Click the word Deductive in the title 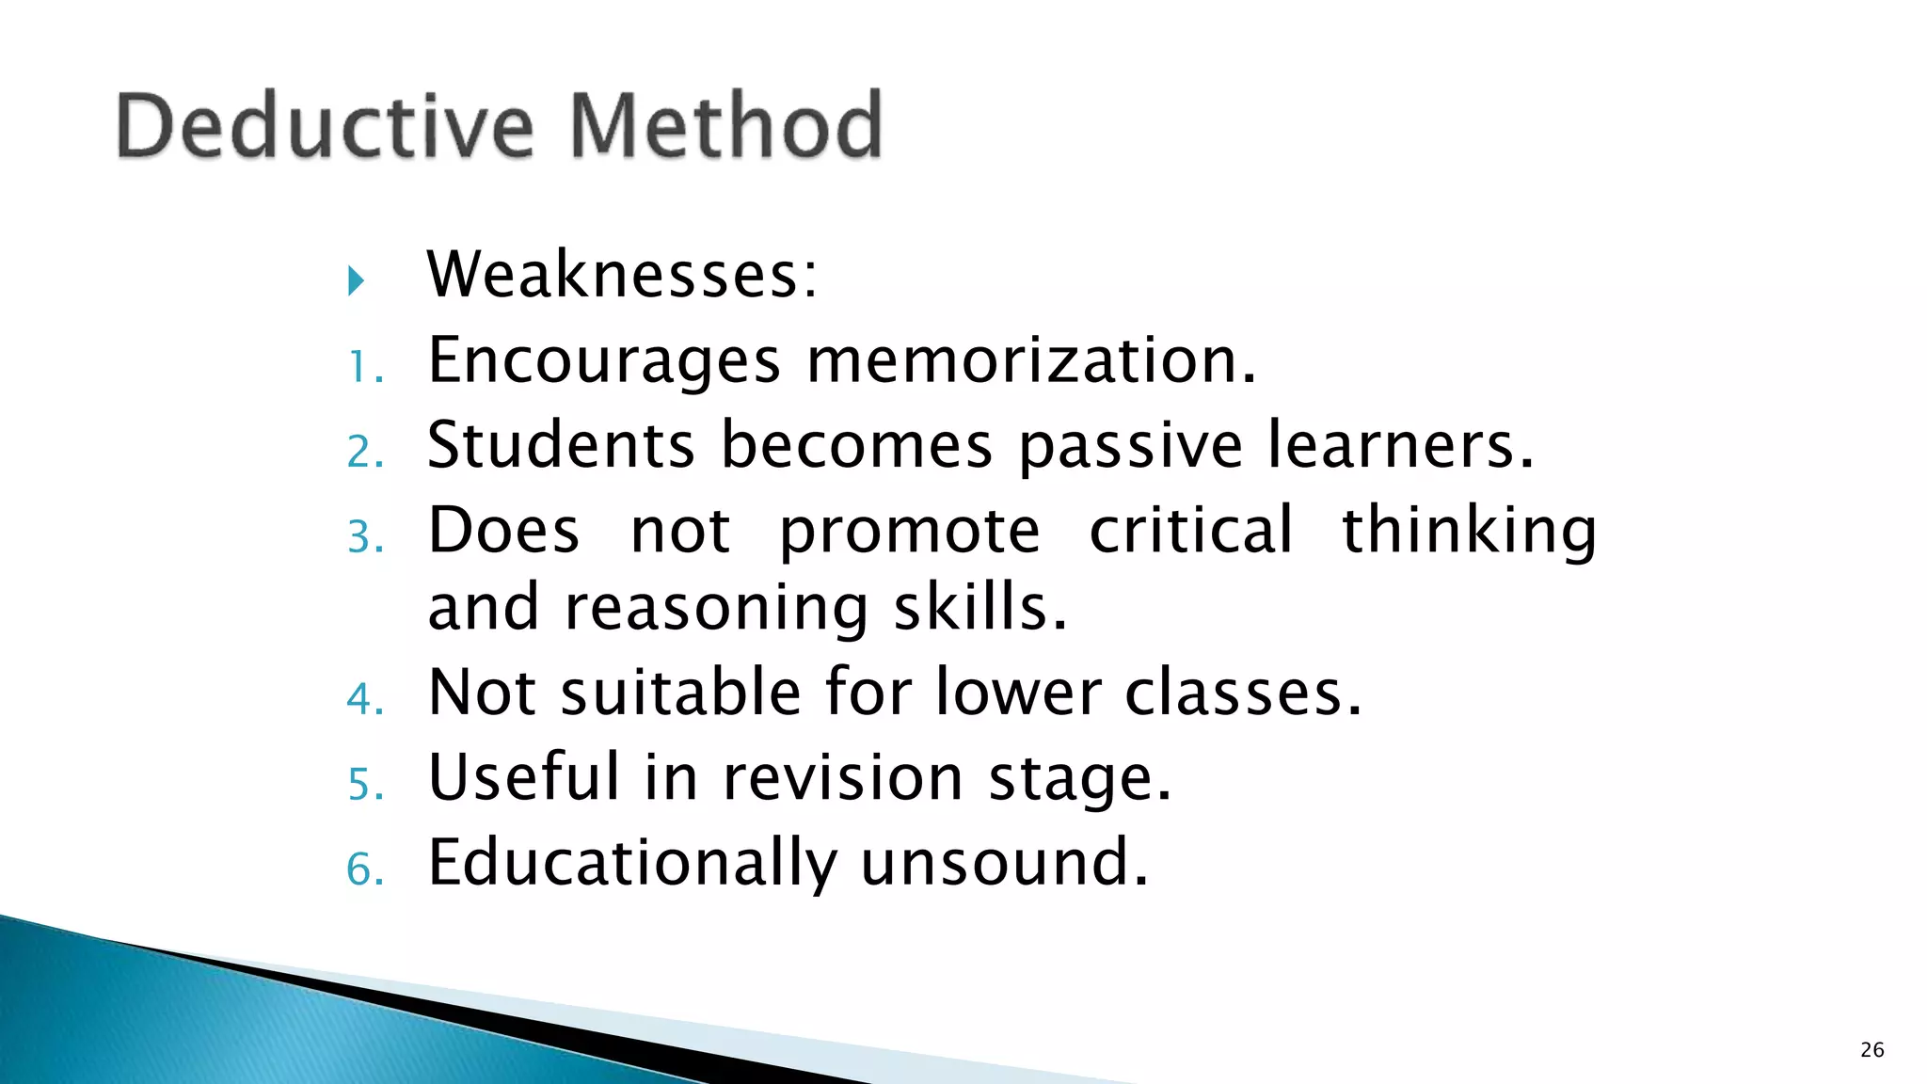[x=325, y=126]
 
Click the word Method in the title [x=725, y=126]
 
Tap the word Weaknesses [x=622, y=275]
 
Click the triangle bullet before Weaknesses [x=356, y=280]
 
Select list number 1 [x=365, y=368]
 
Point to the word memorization [x=1031, y=360]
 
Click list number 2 [x=365, y=453]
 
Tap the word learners [x=1400, y=445]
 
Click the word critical [x=1191, y=530]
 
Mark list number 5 [x=365, y=785]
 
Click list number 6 [x=365, y=869]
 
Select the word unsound [x=1003, y=863]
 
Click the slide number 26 [x=1871, y=1050]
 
